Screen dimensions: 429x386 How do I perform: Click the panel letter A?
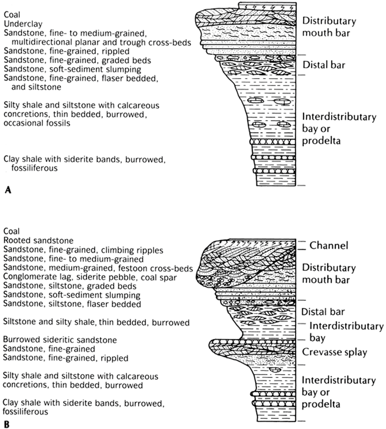pyautogui.click(x=7, y=190)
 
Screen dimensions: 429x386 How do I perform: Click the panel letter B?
pyautogui.click(x=7, y=422)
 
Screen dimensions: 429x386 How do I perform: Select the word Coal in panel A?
pyautogui.click(x=11, y=14)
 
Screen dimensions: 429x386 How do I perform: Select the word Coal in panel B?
pyautogui.click(x=11, y=232)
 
